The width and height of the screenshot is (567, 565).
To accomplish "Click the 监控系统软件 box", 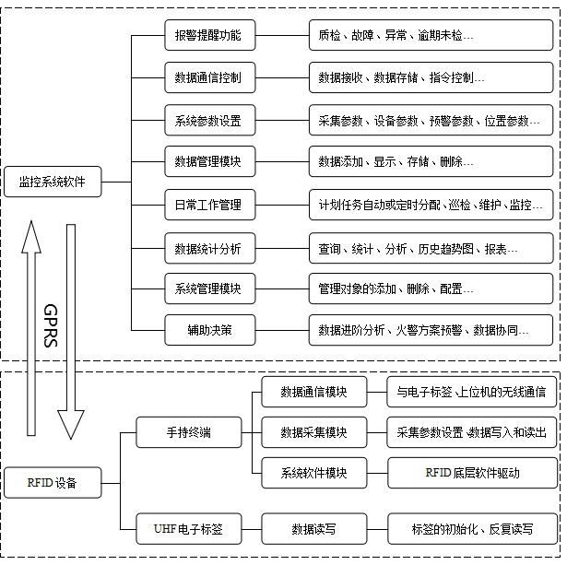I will pyautogui.click(x=52, y=182).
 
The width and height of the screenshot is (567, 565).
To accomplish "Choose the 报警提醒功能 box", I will pyautogui.click(x=207, y=36).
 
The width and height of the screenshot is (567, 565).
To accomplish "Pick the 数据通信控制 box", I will pyautogui.click(x=207, y=78).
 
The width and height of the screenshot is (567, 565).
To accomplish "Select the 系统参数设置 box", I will pyautogui.click(x=207, y=121).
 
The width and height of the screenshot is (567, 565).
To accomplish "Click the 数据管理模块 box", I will pyautogui.click(x=207, y=162).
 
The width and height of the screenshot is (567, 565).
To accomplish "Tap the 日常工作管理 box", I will pyautogui.click(x=207, y=205).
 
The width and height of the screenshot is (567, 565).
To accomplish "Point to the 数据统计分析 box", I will pyautogui.click(x=207, y=248).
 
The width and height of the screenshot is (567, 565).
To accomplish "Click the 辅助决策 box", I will pyautogui.click(x=207, y=329).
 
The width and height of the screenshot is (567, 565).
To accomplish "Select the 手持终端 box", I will pyautogui.click(x=188, y=431).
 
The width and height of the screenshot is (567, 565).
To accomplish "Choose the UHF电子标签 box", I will pyautogui.click(x=188, y=529).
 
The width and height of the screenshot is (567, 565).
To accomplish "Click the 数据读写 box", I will pyautogui.click(x=313, y=529).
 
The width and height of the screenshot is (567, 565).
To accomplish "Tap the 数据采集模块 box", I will pyautogui.click(x=313, y=431).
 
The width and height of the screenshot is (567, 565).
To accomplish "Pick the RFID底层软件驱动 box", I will pyautogui.click(x=472, y=473).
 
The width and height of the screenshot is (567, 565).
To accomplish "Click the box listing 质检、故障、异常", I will pyautogui.click(x=431, y=36).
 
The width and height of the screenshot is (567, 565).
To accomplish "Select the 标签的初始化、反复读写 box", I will pyautogui.click(x=472, y=529).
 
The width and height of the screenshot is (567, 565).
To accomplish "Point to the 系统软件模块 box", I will pyautogui.click(x=313, y=473).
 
